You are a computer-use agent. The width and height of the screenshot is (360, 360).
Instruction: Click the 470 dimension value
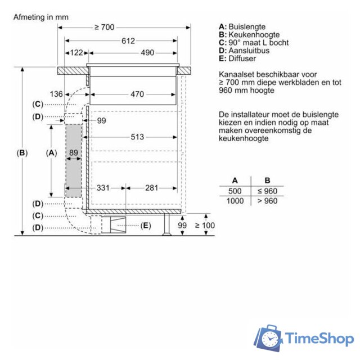coord(137,94)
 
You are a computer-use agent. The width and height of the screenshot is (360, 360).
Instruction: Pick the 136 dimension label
coord(56,94)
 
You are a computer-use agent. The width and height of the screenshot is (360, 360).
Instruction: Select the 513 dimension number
coord(137,137)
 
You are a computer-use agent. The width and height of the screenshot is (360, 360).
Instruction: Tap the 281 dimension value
coord(151,188)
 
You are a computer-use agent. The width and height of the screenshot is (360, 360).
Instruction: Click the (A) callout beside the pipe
coord(51,152)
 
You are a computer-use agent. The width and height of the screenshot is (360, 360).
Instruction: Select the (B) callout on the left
coord(21,152)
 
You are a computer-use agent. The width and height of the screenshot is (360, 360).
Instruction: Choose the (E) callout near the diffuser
coord(145,226)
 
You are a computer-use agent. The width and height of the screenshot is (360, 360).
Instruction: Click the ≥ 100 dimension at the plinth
coord(205,226)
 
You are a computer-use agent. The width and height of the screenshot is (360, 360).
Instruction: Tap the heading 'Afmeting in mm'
coord(41,17)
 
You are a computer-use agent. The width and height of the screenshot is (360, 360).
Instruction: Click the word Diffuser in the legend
coord(242,58)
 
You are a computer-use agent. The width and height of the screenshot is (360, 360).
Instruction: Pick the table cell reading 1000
coord(235,201)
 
